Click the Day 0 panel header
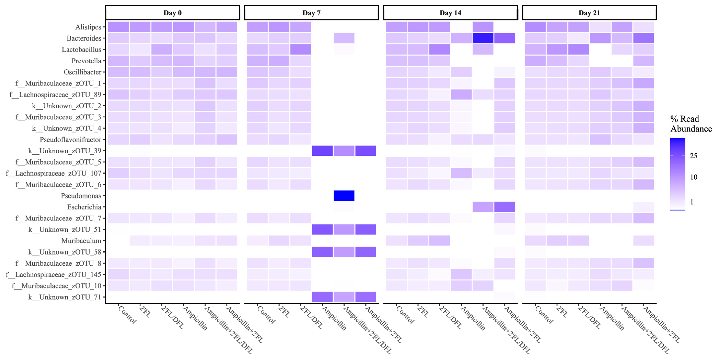click(172, 13)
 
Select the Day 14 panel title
click(450, 13)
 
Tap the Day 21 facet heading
click(589, 13)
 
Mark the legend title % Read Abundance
click(691, 124)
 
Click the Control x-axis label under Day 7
click(266, 315)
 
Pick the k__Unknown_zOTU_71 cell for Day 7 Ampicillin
click(322, 297)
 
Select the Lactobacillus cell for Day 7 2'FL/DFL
click(300, 49)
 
